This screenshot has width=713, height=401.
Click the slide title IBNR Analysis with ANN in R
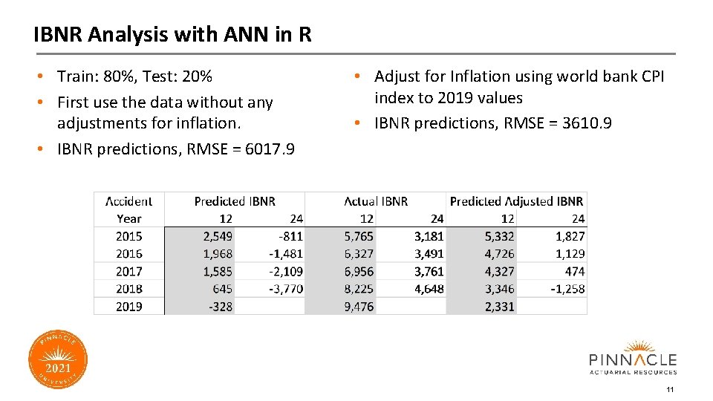click(172, 34)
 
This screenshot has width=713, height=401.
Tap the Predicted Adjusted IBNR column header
click(517, 200)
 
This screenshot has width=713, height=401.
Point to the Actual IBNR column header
click(375, 200)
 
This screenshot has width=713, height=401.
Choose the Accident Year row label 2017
click(128, 271)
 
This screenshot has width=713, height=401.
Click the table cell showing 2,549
click(218, 236)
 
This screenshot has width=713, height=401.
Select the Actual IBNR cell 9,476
click(359, 306)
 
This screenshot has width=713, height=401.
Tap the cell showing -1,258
click(567, 289)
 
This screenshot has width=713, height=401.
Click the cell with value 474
click(574, 271)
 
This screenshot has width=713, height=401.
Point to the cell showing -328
click(221, 306)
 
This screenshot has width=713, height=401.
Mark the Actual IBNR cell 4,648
click(429, 289)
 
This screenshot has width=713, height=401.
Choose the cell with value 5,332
click(499, 236)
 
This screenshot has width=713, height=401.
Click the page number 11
click(670, 390)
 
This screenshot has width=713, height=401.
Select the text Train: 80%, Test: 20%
click(134, 76)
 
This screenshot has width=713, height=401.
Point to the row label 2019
click(128, 306)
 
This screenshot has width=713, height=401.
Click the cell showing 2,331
click(499, 306)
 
